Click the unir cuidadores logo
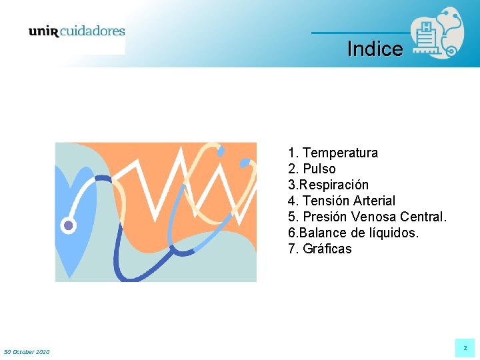(76, 31)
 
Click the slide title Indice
(375, 49)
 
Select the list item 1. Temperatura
(333, 153)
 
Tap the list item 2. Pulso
(312, 169)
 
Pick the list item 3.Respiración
(328, 185)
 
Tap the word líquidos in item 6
(395, 233)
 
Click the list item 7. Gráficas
(319, 249)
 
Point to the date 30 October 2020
(27, 351)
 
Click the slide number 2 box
(465, 348)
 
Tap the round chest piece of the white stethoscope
(68, 225)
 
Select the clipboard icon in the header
(424, 33)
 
